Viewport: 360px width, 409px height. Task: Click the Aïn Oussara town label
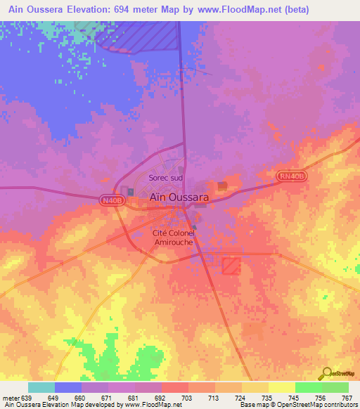point(179,198)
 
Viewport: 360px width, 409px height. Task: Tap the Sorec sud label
point(165,178)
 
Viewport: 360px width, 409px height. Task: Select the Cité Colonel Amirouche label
point(174,238)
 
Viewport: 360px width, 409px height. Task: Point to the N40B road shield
point(110,200)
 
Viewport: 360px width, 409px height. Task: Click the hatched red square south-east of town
point(231,265)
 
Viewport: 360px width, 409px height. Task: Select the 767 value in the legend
point(347,398)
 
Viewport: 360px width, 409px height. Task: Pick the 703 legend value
point(186,398)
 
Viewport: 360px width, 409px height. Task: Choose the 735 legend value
point(267,398)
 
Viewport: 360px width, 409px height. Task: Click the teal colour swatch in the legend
point(41,387)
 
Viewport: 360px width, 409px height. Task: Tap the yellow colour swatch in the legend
point(282,387)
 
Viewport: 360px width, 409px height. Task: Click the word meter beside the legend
point(12,398)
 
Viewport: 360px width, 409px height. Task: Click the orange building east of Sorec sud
point(222,186)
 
